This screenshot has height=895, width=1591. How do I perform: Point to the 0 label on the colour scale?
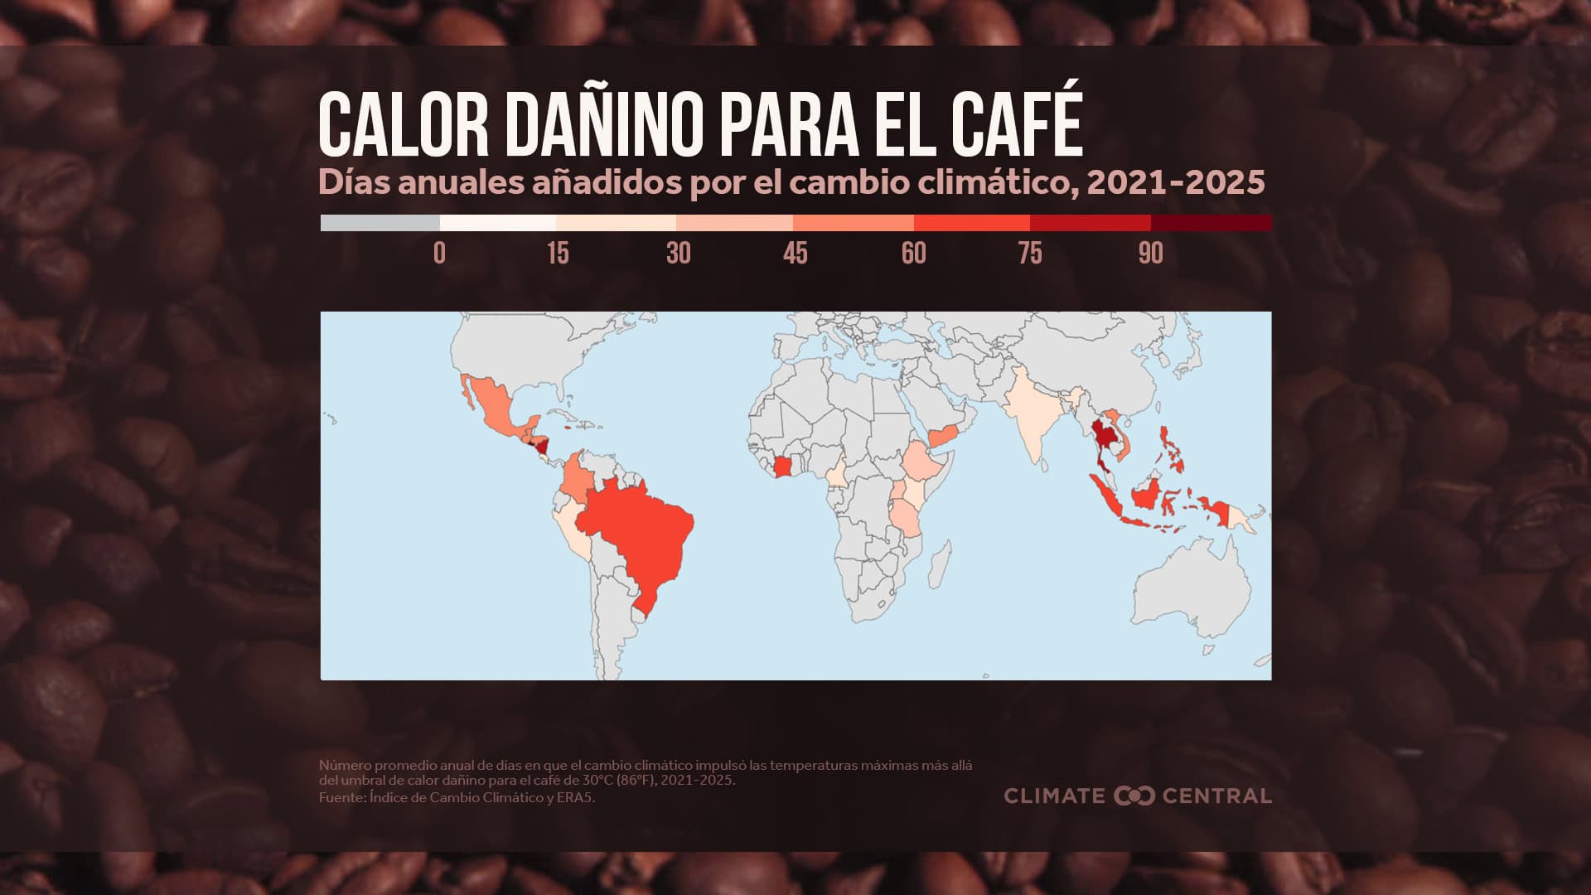point(439,253)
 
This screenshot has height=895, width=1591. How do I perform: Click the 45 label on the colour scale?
point(795,253)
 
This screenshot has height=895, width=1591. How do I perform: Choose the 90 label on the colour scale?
point(1150,253)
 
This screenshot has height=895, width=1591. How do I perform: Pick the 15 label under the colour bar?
point(558,253)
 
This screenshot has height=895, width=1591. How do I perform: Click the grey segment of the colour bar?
point(380,223)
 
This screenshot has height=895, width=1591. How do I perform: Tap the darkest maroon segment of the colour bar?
point(1211,223)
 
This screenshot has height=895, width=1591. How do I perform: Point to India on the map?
point(1032,414)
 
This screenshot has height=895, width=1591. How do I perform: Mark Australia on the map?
point(1193,588)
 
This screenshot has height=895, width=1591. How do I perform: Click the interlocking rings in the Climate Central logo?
point(1134,796)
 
